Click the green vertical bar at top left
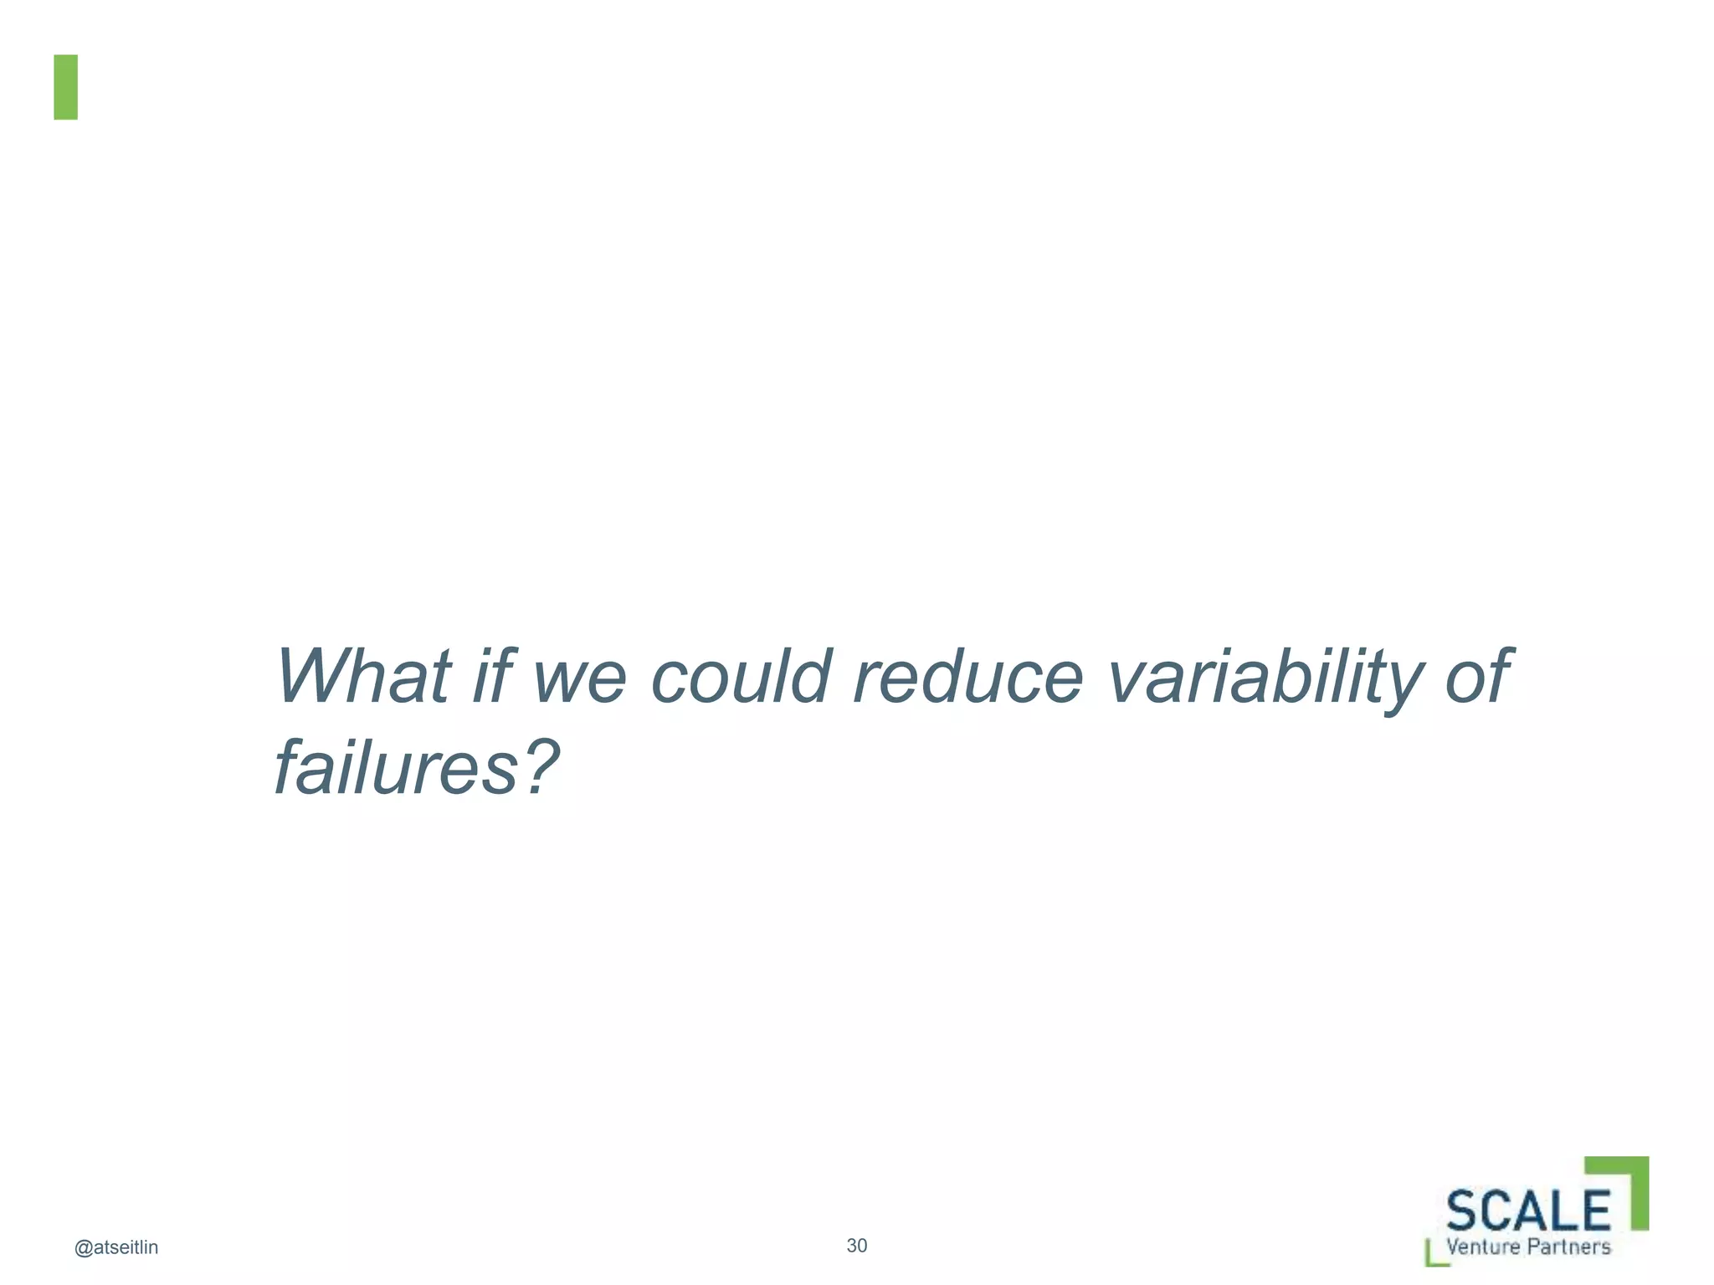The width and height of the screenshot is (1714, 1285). [66, 87]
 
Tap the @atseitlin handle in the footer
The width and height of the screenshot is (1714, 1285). [116, 1248]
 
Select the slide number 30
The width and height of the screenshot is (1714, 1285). [857, 1246]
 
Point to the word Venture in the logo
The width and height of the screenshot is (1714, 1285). [1483, 1247]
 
